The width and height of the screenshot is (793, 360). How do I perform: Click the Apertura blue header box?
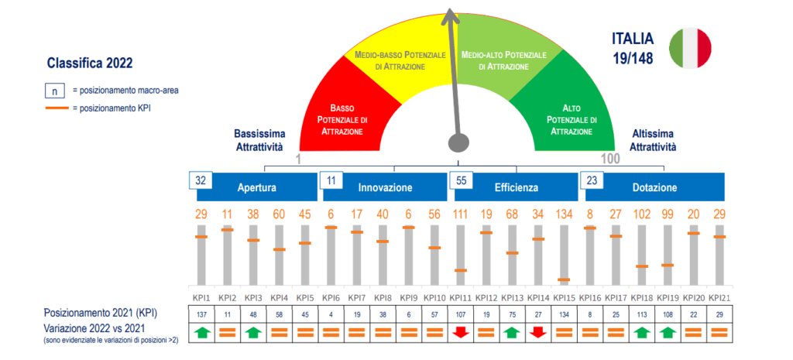pyautogui.click(x=258, y=187)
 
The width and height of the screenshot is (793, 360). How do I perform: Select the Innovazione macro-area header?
pyautogui.click(x=386, y=187)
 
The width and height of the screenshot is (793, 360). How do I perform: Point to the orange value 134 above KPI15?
pyautogui.click(x=563, y=214)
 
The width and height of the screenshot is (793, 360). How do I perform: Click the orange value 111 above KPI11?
pyautogui.click(x=461, y=214)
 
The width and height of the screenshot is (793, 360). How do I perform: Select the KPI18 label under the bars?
pyautogui.click(x=641, y=297)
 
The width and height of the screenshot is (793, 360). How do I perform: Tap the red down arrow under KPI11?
pyautogui.click(x=461, y=332)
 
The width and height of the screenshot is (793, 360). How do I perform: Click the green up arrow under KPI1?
pyautogui.click(x=201, y=332)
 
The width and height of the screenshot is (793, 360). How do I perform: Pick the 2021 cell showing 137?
pyautogui.click(x=201, y=314)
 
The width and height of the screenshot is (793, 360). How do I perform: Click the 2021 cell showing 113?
pyautogui.click(x=641, y=314)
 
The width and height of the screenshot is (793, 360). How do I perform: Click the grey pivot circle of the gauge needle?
pyautogui.click(x=459, y=142)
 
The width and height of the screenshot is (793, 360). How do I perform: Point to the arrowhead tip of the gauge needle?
pyautogui.click(x=448, y=9)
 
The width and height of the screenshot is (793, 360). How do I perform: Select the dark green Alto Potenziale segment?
pyautogui.click(x=572, y=116)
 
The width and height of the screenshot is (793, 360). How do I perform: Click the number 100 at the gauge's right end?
pyautogui.click(x=610, y=159)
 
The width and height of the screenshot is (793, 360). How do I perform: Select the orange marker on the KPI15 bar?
pyautogui.click(x=563, y=279)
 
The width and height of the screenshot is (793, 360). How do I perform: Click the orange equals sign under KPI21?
pyautogui.click(x=719, y=332)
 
